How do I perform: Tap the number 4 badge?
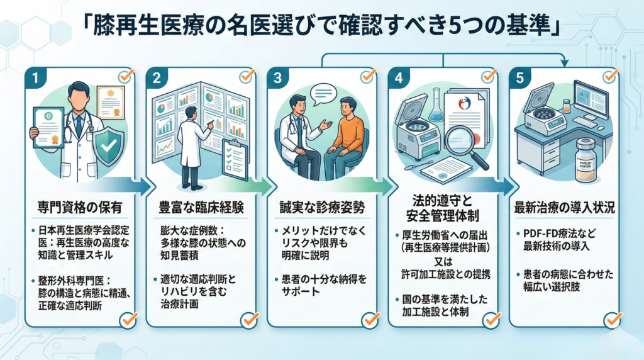pos(399,79)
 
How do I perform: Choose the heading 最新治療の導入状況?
pos(563,207)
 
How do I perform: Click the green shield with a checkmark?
pos(108,144)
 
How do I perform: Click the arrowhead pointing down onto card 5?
pos(564,62)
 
